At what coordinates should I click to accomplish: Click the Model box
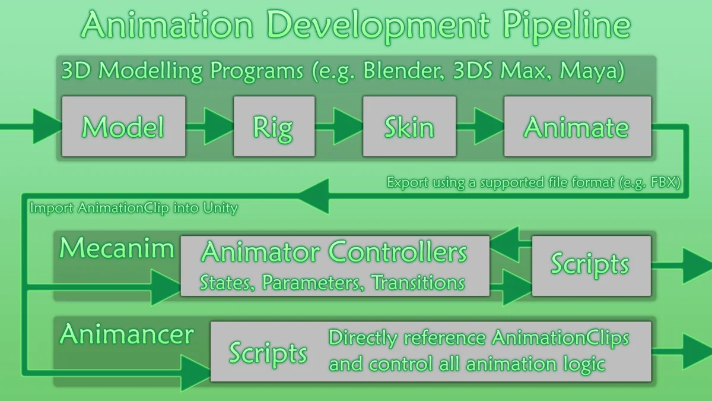pos(123,127)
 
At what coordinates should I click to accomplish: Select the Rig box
pos(274,127)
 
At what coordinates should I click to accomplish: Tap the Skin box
pos(409,127)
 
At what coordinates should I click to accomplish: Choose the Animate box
pos(577,127)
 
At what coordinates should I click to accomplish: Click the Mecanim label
pos(116,248)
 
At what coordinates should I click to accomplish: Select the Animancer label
pos(126,335)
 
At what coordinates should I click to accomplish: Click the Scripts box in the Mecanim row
pos(590,265)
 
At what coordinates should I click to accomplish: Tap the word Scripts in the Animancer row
pos(268,353)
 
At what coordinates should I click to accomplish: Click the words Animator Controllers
pos(334,253)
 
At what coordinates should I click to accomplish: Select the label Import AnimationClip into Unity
pos(133,209)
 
